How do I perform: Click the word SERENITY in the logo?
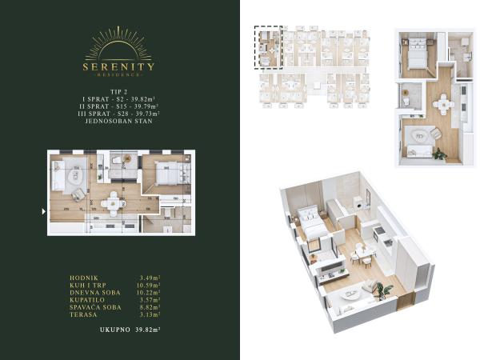(x=118, y=66)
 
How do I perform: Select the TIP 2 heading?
(x=118, y=93)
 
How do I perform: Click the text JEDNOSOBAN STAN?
(x=118, y=121)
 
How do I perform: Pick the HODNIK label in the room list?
(x=82, y=278)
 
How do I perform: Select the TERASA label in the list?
(x=82, y=314)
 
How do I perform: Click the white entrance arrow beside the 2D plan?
(x=43, y=211)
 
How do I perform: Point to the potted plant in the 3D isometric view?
(x=383, y=290)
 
